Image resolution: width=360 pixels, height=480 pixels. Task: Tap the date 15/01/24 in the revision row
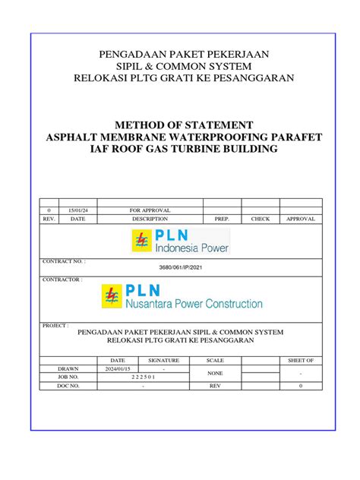(77, 210)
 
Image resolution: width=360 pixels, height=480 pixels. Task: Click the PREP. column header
(222, 219)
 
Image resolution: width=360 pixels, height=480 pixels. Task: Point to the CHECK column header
(261, 219)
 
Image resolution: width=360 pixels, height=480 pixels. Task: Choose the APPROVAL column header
(301, 219)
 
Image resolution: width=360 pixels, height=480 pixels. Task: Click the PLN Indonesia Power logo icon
(142, 241)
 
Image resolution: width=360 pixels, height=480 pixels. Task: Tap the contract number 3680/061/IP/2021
(179, 269)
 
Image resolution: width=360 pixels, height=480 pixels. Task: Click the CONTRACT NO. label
(63, 261)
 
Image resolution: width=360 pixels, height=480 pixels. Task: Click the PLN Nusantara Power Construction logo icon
(112, 296)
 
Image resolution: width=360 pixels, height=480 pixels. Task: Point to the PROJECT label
(56, 324)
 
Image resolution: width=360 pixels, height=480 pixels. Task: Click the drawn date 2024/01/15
(118, 368)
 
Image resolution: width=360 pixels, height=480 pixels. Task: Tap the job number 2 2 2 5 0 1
(142, 377)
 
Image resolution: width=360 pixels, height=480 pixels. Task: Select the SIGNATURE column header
(163, 360)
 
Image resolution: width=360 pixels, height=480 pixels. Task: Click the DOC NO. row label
(68, 386)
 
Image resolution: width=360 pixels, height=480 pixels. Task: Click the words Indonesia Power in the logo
(191, 248)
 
